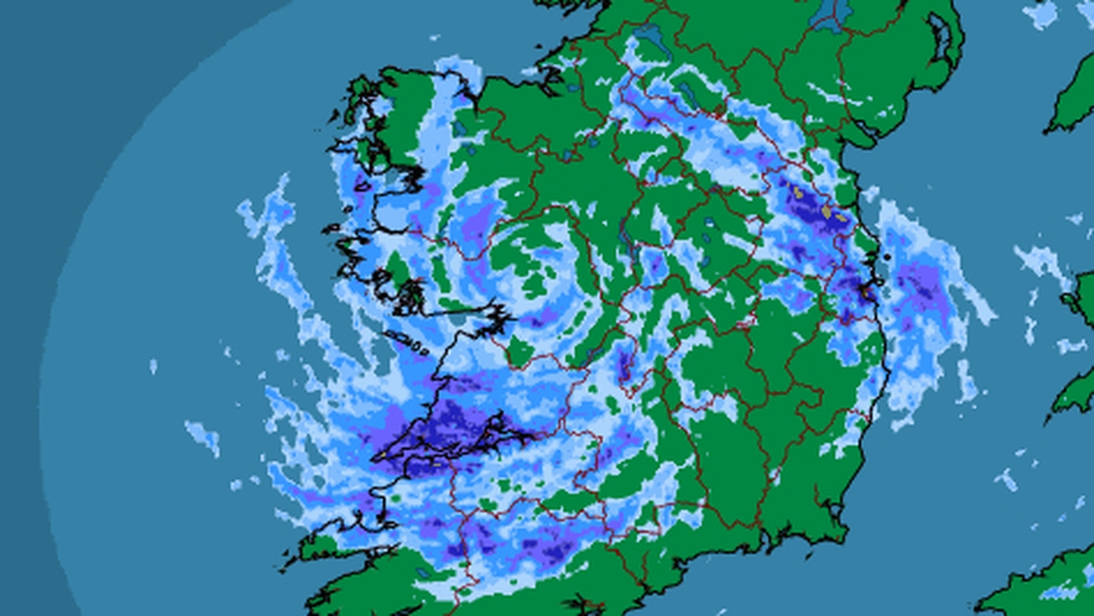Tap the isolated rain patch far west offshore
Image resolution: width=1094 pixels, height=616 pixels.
[202, 436]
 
